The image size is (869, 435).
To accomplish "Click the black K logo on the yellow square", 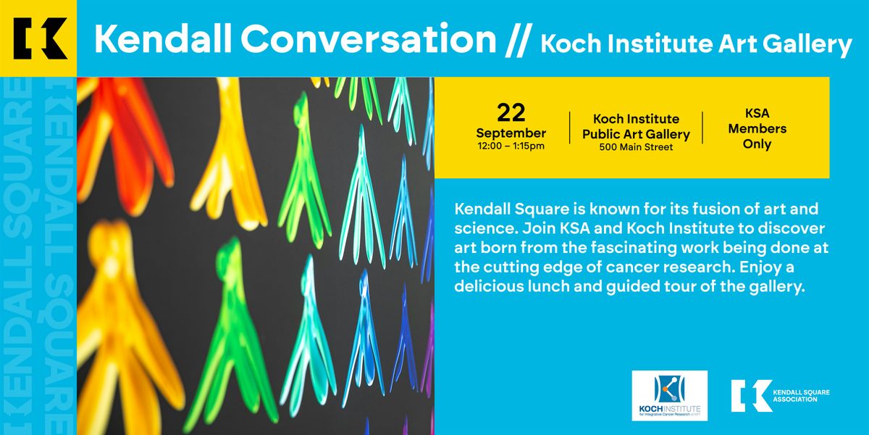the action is point(40,38).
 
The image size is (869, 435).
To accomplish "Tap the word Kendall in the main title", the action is point(163,39).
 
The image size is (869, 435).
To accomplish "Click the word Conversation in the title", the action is point(369,39).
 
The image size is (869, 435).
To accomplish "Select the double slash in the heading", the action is point(517,40).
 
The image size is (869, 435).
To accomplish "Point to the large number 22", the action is point(511,112).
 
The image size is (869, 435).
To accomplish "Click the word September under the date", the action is point(511,133).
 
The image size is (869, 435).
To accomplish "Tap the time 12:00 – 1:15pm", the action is point(511,146).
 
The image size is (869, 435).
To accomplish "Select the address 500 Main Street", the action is point(636,147).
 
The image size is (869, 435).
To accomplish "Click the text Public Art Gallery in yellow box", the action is point(636,134).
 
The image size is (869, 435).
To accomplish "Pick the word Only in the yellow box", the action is point(757,144).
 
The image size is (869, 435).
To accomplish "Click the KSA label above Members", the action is point(757,113).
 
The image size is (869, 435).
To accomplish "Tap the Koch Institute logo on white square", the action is point(670,395).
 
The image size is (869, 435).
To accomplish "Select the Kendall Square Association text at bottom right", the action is point(801,396).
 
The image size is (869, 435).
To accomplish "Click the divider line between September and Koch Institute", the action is point(569,128).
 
